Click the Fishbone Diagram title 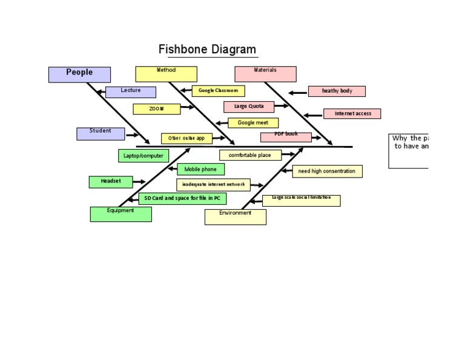click(207, 50)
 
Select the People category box click(79, 74)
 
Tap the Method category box click(166, 74)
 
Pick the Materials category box click(265, 74)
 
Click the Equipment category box click(120, 214)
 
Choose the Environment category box click(235, 216)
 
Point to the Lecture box click(130, 92)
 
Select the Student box click(101, 133)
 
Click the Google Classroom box click(218, 91)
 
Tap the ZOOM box click(156, 109)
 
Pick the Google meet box click(253, 123)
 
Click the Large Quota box click(249, 107)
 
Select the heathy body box click(337, 91)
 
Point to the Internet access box click(352, 113)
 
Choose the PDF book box click(286, 137)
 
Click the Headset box click(111, 182)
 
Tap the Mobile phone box click(200, 170)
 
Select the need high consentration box click(327, 172)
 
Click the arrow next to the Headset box click(139, 181)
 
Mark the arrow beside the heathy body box click(297, 93)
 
